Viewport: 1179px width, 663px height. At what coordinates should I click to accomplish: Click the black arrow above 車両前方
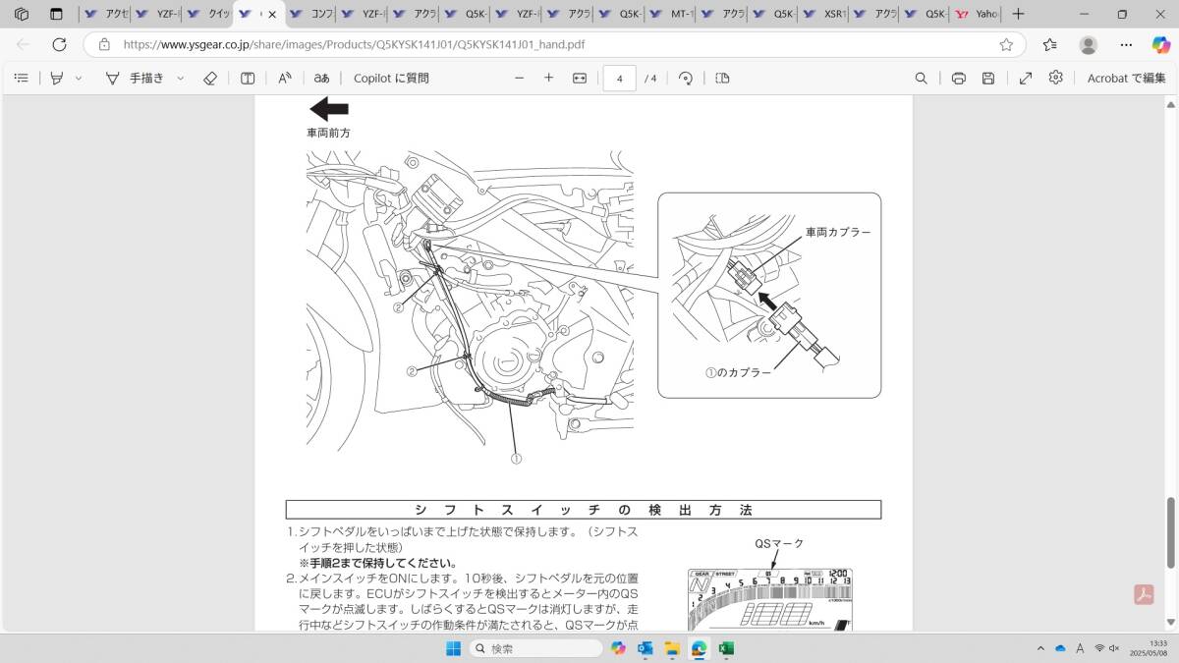click(328, 109)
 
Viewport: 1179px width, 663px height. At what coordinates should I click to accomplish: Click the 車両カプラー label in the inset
click(838, 233)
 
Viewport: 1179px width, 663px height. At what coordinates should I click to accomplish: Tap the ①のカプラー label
click(738, 373)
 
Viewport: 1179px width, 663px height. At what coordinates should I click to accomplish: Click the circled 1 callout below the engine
click(515, 458)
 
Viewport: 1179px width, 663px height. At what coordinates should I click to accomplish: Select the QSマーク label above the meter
click(779, 544)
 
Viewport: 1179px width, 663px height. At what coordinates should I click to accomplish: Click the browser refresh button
click(59, 45)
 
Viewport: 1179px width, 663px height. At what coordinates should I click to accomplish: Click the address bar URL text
click(354, 45)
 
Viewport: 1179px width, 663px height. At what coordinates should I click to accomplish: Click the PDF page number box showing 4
click(619, 79)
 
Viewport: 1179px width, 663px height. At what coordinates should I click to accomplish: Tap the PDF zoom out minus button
click(519, 79)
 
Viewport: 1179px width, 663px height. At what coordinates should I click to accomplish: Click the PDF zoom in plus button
click(548, 79)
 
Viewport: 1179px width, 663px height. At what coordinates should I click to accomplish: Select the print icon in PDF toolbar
click(958, 79)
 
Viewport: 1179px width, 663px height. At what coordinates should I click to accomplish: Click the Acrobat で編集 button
click(1126, 79)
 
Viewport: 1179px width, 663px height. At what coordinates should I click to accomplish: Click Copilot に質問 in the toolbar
click(391, 79)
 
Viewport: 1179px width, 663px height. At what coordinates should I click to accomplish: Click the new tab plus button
click(1018, 15)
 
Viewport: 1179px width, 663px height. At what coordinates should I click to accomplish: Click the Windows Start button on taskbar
click(453, 648)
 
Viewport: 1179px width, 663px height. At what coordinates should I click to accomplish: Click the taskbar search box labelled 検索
click(535, 648)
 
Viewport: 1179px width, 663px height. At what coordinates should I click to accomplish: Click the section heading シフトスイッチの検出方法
click(583, 510)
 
